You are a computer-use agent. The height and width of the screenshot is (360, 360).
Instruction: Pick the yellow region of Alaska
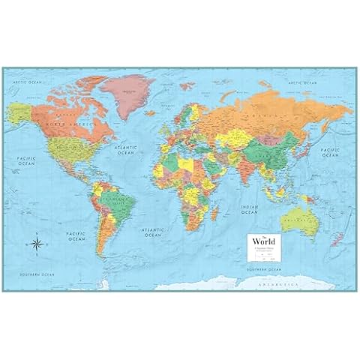(x=20, y=112)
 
